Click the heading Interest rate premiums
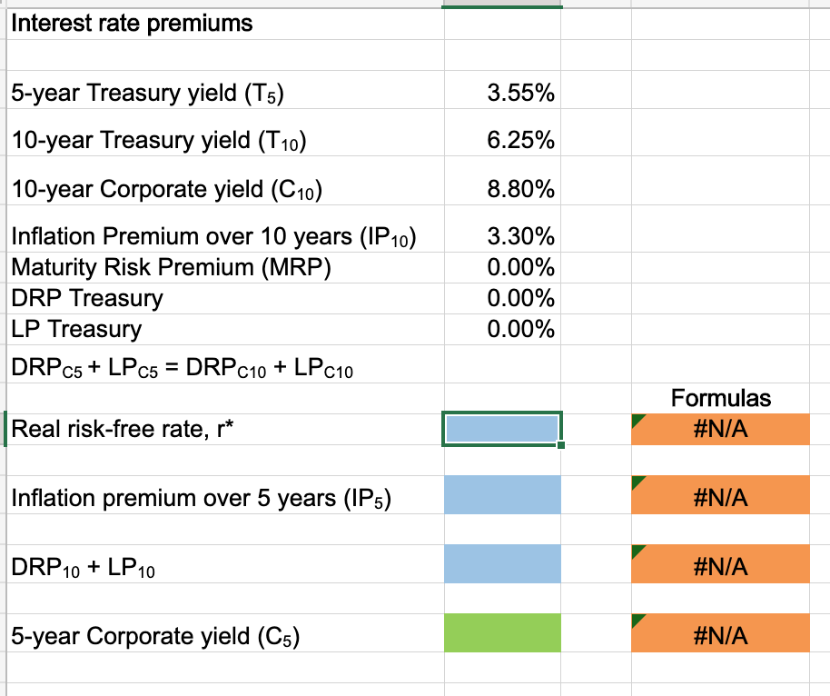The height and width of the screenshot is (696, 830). [x=132, y=24]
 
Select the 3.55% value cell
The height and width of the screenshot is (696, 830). [x=521, y=93]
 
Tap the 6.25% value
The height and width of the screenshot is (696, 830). [x=521, y=141]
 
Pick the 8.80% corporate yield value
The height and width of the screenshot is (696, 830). [x=521, y=190]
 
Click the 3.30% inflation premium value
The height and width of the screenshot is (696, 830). [x=521, y=238]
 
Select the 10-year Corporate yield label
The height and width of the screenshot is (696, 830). [x=167, y=190]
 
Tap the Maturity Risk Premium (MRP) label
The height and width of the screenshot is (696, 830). [x=172, y=268]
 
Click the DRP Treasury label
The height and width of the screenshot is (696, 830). [x=87, y=298]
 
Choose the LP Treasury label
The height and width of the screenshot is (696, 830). [x=76, y=328]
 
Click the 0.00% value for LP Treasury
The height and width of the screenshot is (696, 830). [x=521, y=328]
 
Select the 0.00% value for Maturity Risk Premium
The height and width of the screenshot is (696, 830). [x=521, y=268]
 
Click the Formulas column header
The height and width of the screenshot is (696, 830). [x=721, y=397]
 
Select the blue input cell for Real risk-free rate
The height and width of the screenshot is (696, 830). [x=502, y=429]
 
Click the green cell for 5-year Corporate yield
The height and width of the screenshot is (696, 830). [x=502, y=633]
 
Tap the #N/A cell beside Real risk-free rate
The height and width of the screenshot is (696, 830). [x=721, y=429]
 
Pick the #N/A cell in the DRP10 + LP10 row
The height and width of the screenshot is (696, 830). [x=721, y=566]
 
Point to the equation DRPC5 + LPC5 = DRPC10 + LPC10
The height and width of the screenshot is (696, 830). [x=183, y=368]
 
